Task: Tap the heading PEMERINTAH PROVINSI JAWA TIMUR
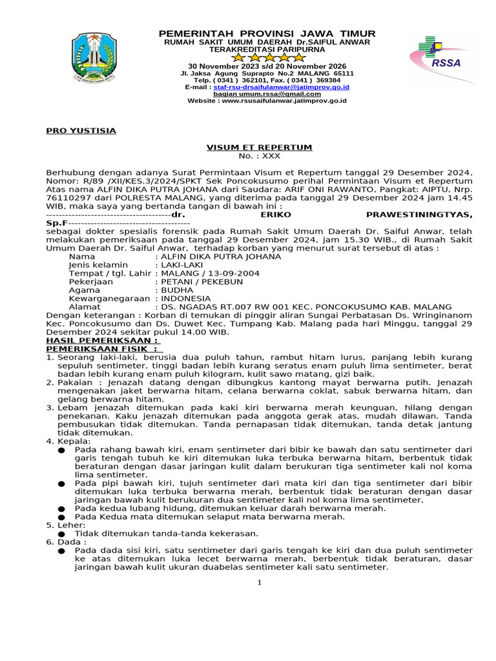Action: click(x=267, y=34)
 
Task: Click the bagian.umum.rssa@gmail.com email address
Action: click(x=267, y=94)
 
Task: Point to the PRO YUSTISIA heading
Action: click(x=81, y=131)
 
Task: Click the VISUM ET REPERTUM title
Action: click(x=259, y=148)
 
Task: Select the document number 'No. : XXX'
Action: click(x=260, y=156)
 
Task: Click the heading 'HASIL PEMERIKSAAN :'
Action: click(x=102, y=340)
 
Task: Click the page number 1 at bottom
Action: click(x=259, y=583)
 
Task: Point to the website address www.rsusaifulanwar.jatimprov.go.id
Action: click(x=267, y=101)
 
